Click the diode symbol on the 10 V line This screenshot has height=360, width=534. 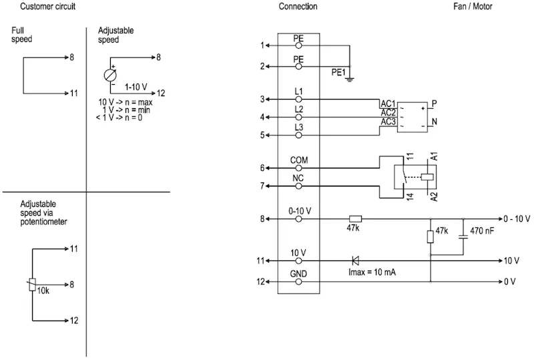tap(355, 260)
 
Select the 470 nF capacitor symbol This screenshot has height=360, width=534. tap(463, 236)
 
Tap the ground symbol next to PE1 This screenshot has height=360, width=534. tap(349, 79)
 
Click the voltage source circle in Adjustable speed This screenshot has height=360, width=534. tap(110, 75)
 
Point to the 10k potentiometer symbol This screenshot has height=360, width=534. tap(32, 285)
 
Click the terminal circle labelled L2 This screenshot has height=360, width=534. tap(298, 118)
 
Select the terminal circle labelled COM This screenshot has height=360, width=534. tap(298, 168)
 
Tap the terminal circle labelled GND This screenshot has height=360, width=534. tap(298, 282)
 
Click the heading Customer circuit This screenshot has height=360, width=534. tap(47, 6)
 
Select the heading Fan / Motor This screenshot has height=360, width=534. tap(473, 6)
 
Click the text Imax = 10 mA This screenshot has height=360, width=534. tap(372, 273)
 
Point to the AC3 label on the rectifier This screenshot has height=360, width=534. tap(388, 122)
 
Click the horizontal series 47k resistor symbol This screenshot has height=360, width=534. tap(355, 219)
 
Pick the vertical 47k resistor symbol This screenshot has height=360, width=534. tap(431, 236)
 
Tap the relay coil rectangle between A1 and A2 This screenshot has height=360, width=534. tap(427, 177)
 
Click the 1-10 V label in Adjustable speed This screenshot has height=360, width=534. tap(136, 87)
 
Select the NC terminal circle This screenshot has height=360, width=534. tap(298, 186)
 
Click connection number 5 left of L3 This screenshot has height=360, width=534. tap(262, 136)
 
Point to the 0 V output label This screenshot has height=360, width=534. tap(510, 282)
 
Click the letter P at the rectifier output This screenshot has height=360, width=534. tap(435, 104)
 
